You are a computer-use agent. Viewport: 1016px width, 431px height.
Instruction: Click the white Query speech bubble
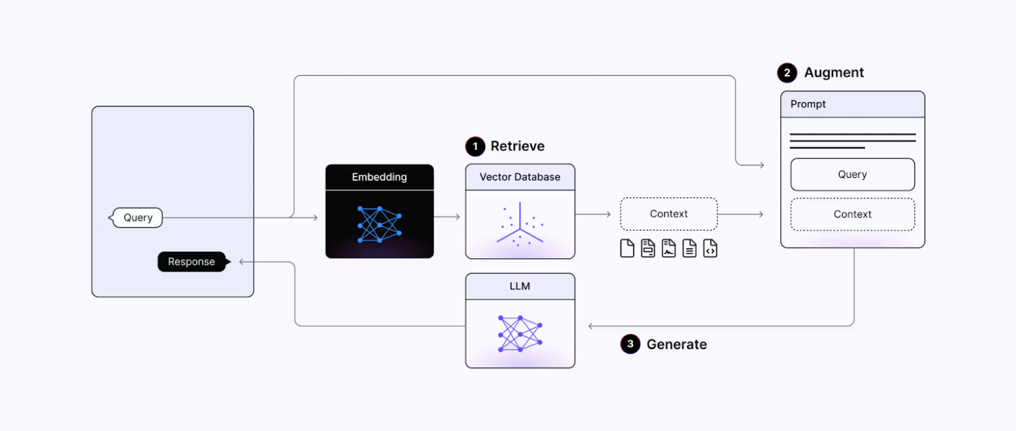pos(137,217)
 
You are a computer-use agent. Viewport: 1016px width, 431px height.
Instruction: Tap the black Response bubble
pos(191,262)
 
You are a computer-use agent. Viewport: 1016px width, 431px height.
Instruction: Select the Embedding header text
pos(379,177)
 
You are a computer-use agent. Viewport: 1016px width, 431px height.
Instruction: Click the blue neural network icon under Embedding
pos(380,225)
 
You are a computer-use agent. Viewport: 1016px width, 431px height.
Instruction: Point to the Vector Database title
pos(520,177)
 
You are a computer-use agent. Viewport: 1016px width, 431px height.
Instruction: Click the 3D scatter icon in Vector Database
pos(520,225)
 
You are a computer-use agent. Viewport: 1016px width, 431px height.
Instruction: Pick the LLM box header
pos(520,286)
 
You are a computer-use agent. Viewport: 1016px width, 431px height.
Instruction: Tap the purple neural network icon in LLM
pos(520,334)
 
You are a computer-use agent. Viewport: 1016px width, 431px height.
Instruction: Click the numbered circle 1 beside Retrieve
pos(475,146)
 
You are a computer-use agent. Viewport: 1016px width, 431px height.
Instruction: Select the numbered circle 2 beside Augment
pos(787,73)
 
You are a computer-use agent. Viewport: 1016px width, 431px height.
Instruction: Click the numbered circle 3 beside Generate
pos(630,344)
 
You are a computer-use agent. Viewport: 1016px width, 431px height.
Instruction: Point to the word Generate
pos(676,344)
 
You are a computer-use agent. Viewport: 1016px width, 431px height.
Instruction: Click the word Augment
pos(834,73)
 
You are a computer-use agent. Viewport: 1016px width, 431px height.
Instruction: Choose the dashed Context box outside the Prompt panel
pos(668,214)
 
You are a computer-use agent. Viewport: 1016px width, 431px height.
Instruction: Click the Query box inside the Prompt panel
pos(852,174)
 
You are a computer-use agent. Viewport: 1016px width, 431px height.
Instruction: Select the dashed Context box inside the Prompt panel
pos(852,214)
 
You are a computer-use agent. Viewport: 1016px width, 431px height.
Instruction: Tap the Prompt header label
pos(808,104)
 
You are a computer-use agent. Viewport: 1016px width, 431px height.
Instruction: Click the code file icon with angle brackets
pos(710,248)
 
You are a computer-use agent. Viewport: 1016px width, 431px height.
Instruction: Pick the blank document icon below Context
pos(627,248)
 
